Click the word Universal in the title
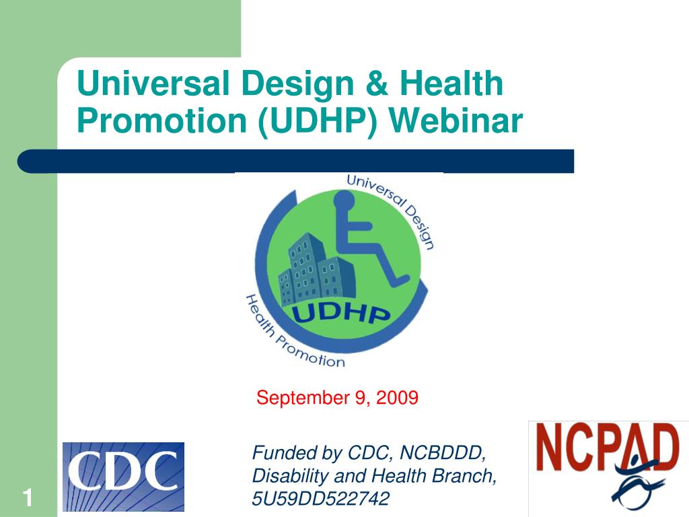point(153,83)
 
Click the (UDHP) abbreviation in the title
point(318,121)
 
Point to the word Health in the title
point(451,83)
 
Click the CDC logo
point(124,477)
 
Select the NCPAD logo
point(608,469)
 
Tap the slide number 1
point(28,498)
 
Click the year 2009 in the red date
point(397,397)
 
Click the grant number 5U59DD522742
point(321,499)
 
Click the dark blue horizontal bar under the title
point(296,161)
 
